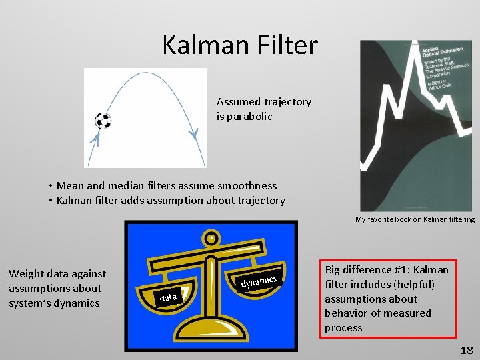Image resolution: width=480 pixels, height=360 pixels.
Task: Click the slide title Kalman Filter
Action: pos(240,45)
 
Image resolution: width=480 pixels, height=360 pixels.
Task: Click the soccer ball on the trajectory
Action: pos(103,121)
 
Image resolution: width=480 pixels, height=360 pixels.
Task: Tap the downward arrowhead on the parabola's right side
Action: pos(193,134)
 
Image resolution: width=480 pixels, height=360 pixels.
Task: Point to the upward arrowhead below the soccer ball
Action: pos(95,139)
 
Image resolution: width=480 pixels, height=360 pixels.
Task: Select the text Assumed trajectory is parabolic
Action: pos(263,109)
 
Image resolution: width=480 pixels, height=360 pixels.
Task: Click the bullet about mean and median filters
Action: pos(166,185)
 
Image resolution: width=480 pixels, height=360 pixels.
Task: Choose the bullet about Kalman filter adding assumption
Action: pos(170,200)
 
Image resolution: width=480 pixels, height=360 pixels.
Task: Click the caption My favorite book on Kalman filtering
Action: pos(415,219)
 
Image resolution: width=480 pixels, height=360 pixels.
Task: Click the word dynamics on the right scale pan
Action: pos(258,281)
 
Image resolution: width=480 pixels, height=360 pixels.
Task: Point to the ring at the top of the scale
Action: pos(211,238)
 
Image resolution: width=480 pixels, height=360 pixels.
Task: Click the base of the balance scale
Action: pos(211,332)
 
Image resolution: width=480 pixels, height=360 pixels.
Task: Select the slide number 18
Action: pos(465,350)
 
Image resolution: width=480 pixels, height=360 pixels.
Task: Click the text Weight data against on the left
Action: pos(57,273)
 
